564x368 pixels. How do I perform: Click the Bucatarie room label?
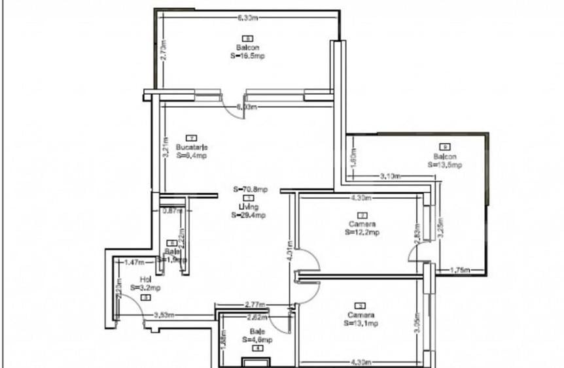[191, 147]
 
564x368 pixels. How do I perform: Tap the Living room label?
[249, 207]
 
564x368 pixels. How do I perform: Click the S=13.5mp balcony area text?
[445, 165]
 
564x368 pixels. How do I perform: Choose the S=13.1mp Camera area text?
[361, 323]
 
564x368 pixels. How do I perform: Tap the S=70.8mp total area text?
[251, 190]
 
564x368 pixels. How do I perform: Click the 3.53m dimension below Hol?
[164, 315]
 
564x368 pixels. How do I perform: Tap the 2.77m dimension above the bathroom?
[255, 305]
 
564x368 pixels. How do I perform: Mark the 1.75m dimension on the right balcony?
[461, 269]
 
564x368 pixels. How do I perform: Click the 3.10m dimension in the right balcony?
[391, 176]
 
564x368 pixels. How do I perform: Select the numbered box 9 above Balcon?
[445, 147]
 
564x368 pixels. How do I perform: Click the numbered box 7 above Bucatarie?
[191, 138]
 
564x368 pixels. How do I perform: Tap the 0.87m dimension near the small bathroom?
[173, 210]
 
